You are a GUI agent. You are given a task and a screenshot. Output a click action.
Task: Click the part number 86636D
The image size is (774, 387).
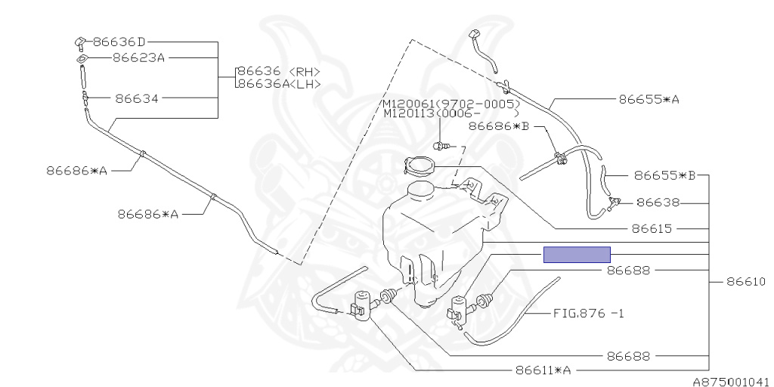pyautogui.click(x=119, y=42)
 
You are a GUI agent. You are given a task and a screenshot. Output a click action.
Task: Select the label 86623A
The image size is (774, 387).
pyautogui.click(x=139, y=57)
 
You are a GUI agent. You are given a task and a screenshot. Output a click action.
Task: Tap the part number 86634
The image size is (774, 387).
pyautogui.click(x=137, y=99)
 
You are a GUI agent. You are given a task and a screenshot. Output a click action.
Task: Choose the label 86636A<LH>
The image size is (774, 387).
pyautogui.click(x=279, y=84)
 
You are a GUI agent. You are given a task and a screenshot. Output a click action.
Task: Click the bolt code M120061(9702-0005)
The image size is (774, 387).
pyautogui.click(x=451, y=104)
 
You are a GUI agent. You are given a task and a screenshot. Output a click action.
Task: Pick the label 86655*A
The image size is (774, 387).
pyautogui.click(x=649, y=99)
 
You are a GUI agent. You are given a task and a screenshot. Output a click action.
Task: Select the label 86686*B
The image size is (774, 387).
pyautogui.click(x=499, y=126)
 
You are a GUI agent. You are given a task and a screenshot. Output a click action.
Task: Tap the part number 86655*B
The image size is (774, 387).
pyautogui.click(x=664, y=175)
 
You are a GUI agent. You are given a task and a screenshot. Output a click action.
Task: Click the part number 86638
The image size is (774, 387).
pyautogui.click(x=658, y=203)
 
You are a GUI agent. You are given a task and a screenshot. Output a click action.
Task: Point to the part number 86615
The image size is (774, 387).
pyautogui.click(x=652, y=228)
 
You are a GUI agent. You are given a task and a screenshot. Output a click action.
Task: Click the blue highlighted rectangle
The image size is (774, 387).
pyautogui.click(x=577, y=255)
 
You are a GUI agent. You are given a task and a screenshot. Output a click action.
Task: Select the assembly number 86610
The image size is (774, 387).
pyautogui.click(x=746, y=282)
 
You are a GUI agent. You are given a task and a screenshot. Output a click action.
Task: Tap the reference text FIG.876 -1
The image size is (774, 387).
pyautogui.click(x=588, y=313)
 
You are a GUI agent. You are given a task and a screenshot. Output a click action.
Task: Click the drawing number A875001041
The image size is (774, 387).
pyautogui.click(x=733, y=382)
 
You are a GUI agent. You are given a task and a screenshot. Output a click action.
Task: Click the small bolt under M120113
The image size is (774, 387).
pyautogui.click(x=442, y=146)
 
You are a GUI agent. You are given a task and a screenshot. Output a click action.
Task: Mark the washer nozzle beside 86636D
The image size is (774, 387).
pyautogui.click(x=80, y=43)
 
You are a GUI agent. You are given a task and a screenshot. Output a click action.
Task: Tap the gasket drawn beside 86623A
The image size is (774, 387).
pyautogui.click(x=82, y=59)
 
